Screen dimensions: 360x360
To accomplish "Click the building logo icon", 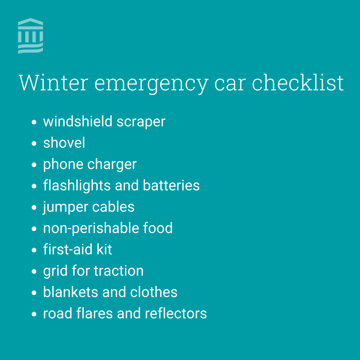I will (x=30, y=36).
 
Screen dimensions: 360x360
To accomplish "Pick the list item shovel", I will (x=64, y=143).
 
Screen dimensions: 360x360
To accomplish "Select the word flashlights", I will (x=77, y=186).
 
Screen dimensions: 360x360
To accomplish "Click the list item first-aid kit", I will (x=77, y=250).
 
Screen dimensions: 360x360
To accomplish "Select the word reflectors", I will (x=176, y=314).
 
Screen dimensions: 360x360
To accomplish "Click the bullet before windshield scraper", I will (x=34, y=122).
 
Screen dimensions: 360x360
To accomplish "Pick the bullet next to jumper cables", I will (x=34, y=208).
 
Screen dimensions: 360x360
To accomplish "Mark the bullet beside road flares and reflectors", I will (x=34, y=314).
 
